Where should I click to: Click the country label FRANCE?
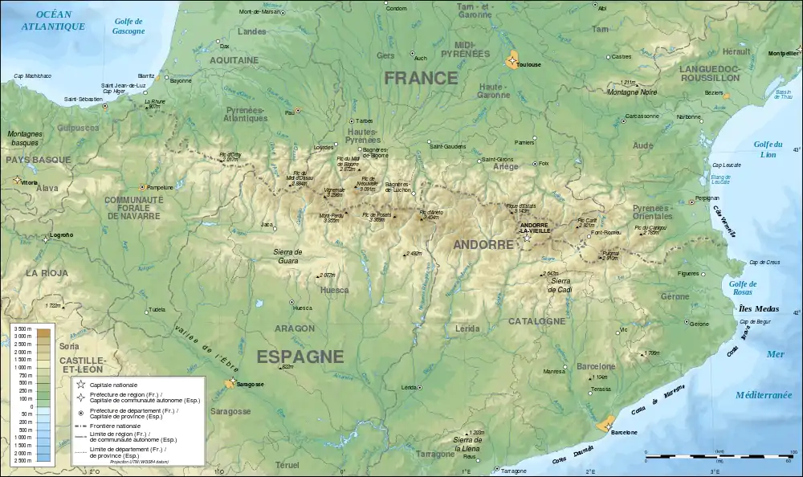(421, 79)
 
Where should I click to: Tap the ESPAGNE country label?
(300, 357)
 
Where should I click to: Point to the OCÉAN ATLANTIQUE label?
(54, 21)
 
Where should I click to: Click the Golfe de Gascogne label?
(128, 26)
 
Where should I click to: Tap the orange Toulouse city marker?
(512, 59)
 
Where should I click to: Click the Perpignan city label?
(707, 198)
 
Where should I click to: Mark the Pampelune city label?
(161, 187)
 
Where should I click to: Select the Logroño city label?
(62, 234)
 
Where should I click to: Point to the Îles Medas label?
(756, 308)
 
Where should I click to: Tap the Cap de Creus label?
(764, 263)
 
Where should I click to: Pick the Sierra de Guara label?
(287, 255)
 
